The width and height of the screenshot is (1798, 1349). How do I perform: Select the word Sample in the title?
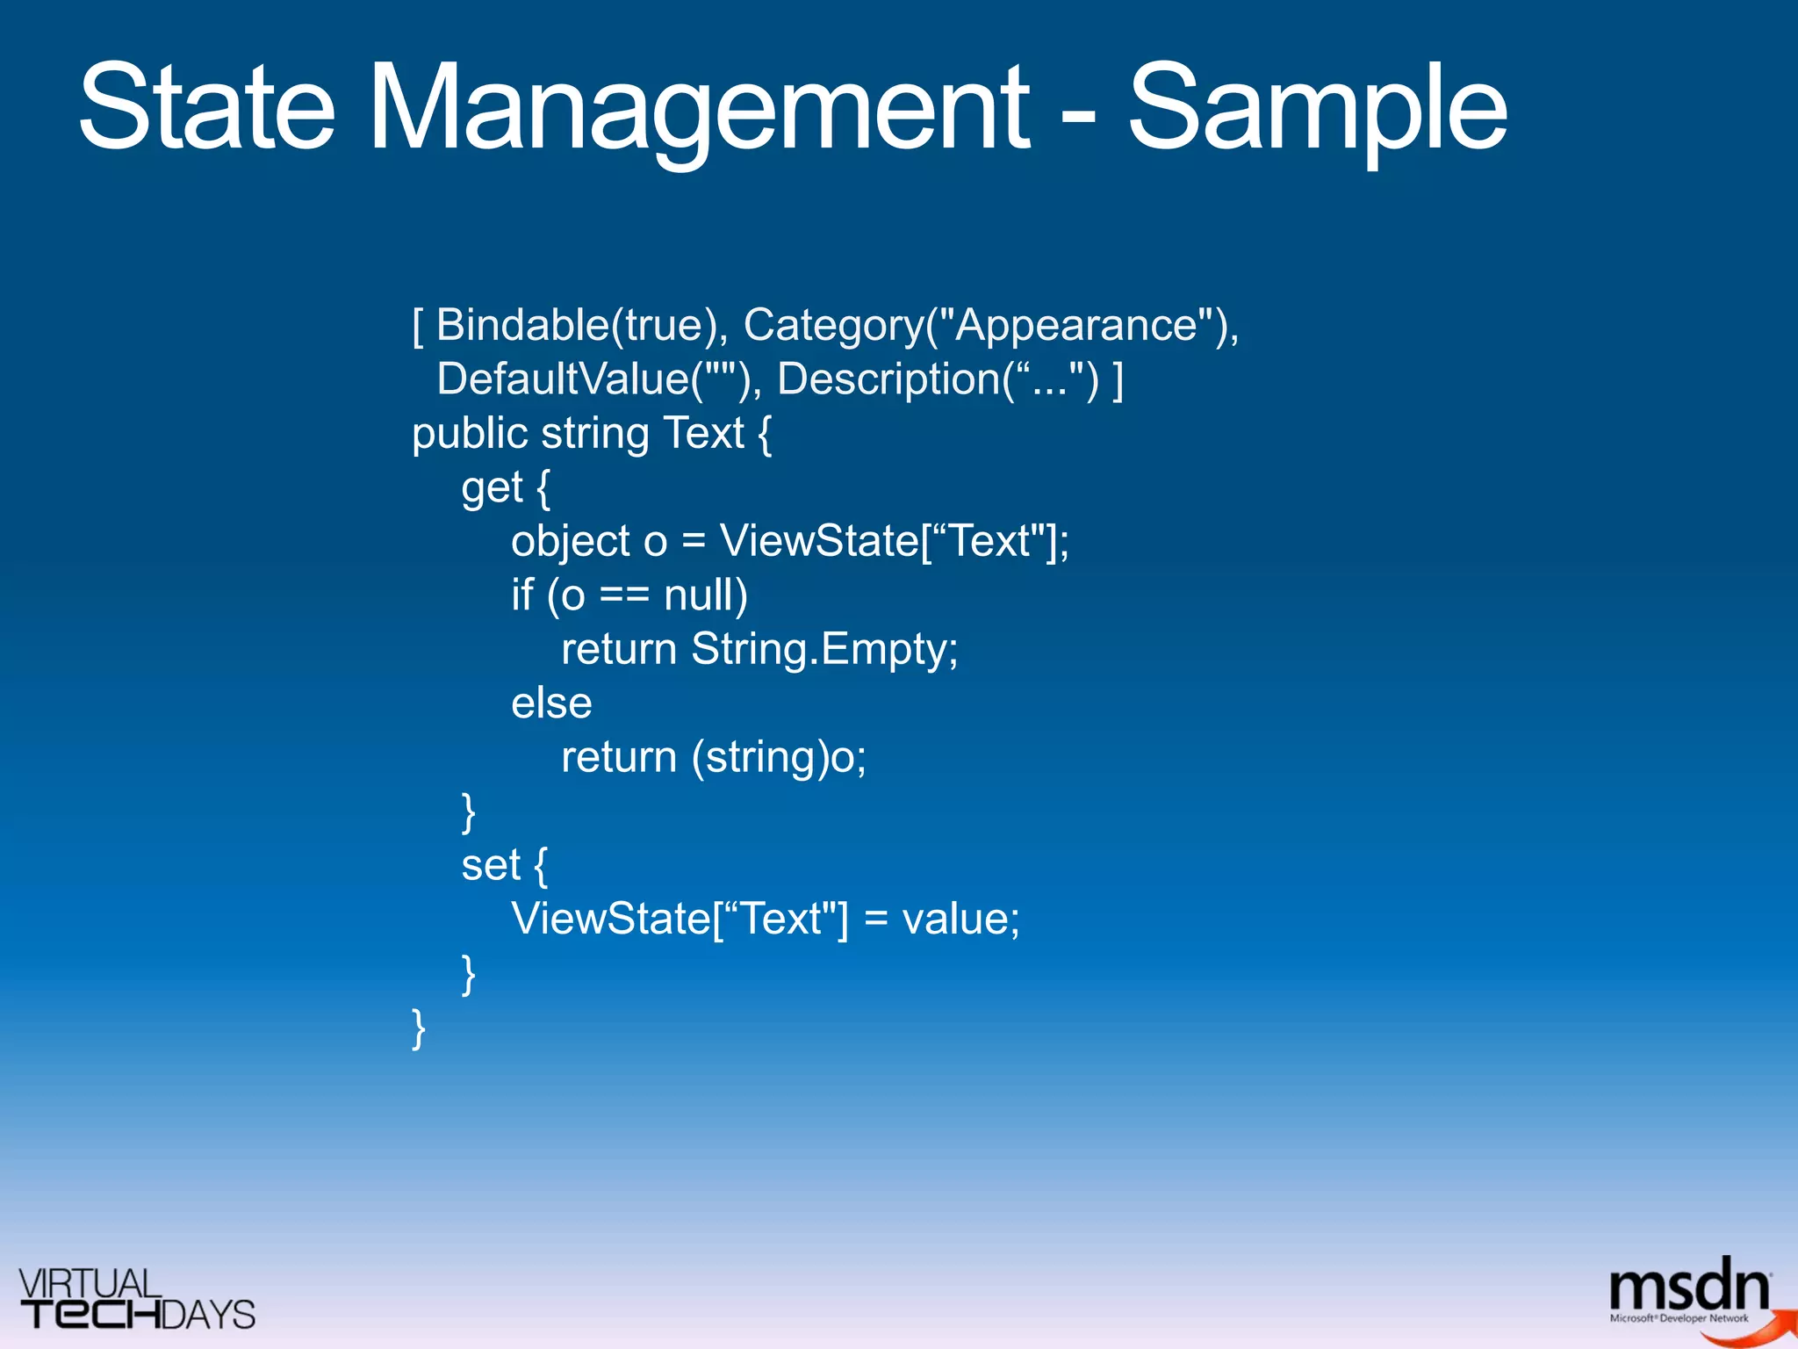pyautogui.click(x=1318, y=109)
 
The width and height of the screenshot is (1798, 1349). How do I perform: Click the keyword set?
pyautogui.click(x=491, y=865)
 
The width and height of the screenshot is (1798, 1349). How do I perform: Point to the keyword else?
pyautogui.click(x=551, y=703)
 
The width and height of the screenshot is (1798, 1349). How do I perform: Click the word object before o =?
pyautogui.click(x=570, y=541)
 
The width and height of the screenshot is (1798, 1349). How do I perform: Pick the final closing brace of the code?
pyautogui.click(x=419, y=1028)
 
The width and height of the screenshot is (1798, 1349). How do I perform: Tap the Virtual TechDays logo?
pyautogui.click(x=136, y=1299)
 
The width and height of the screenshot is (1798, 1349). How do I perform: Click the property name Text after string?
pyautogui.click(x=703, y=433)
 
